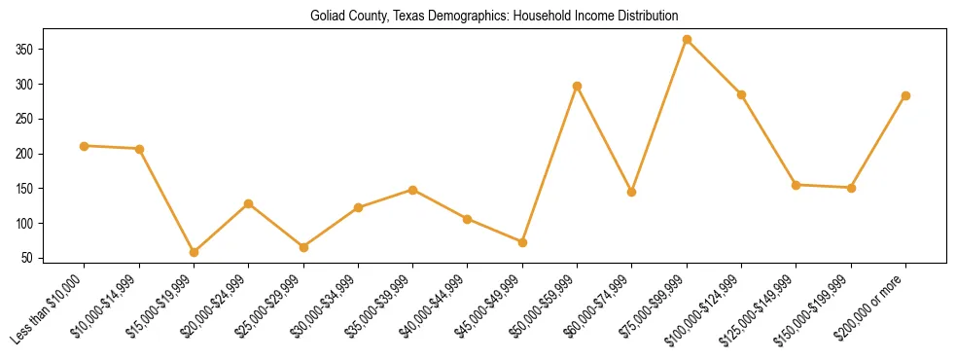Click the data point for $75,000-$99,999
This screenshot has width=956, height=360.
point(687,40)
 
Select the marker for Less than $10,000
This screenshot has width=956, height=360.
point(85,146)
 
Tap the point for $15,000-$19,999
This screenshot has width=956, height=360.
point(194,252)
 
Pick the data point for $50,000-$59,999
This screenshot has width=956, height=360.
point(578,86)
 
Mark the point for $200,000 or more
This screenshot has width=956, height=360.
point(905,95)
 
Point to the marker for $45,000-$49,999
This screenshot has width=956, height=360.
point(522,242)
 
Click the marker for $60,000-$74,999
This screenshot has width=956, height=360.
point(632,193)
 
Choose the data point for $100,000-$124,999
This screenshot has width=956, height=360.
point(741,94)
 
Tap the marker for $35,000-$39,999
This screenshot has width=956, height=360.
point(412,190)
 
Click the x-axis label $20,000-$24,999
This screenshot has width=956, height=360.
point(216,301)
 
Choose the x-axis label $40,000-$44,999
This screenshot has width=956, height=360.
point(435,301)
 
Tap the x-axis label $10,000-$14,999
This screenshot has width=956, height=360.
point(106,301)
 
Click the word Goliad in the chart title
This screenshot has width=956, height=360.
point(327,16)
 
